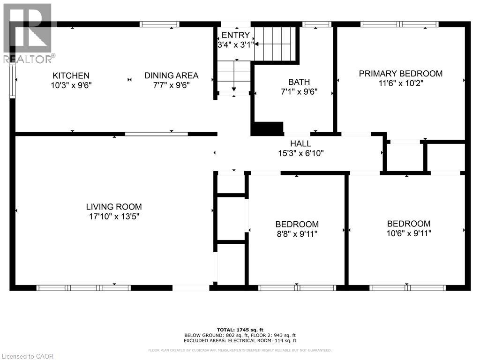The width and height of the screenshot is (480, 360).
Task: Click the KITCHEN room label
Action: pyautogui.click(x=71, y=75)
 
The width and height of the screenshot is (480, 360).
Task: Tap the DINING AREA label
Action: pyautogui.click(x=171, y=75)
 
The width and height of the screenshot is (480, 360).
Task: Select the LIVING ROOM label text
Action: pyautogui.click(x=113, y=207)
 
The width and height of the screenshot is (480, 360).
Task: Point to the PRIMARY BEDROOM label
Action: pyautogui.click(x=400, y=74)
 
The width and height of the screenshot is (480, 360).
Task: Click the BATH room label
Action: pyautogui.click(x=299, y=82)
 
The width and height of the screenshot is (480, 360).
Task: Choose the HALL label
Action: pyautogui.click(x=300, y=143)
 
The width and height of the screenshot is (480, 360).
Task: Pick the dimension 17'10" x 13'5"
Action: pyautogui.click(x=113, y=217)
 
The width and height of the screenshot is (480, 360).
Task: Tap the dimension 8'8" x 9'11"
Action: pyautogui.click(x=297, y=234)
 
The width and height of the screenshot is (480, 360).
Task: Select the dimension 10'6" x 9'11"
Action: pyautogui.click(x=408, y=233)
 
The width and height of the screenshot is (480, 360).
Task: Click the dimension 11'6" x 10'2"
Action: pyautogui.click(x=400, y=83)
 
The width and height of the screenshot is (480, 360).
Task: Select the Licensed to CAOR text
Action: pyautogui.click(x=27, y=356)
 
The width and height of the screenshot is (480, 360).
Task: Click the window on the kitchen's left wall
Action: pyautogui.click(x=13, y=80)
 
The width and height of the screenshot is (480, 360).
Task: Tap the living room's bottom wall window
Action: pyautogui.click(x=83, y=287)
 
